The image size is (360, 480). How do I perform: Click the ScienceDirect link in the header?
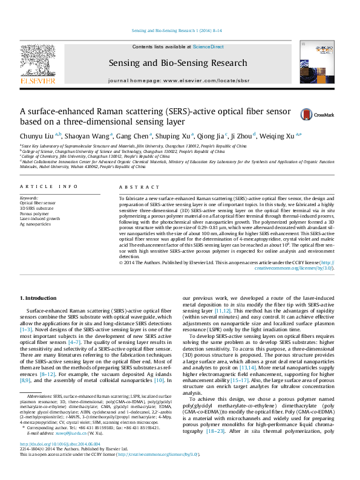coord(208,47)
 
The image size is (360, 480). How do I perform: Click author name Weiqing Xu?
coord(283,135)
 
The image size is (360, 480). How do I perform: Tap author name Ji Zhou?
coord(244,135)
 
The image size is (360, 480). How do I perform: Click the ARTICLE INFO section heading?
coord(49,187)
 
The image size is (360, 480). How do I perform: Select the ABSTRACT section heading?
coord(134,187)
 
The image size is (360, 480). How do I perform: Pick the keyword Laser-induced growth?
coord(41,218)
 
